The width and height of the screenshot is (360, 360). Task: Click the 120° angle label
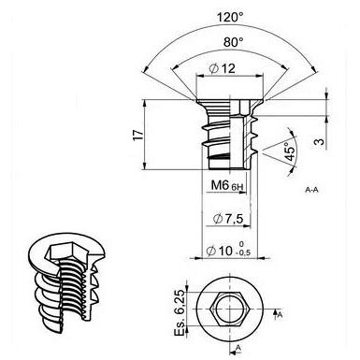[x=230, y=18]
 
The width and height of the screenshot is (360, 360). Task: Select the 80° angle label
[x=234, y=42]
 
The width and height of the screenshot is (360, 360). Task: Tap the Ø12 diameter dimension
[x=223, y=68]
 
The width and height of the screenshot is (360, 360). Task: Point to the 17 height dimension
[x=138, y=135]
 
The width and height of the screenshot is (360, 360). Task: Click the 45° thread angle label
[x=291, y=151]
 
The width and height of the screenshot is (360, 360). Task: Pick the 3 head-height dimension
[x=319, y=142]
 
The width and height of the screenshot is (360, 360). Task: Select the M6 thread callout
[x=221, y=185]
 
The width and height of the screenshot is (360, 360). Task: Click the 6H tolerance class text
[x=237, y=187]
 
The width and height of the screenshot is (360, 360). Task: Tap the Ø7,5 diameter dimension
[x=227, y=219]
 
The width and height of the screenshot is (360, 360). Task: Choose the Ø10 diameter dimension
[x=220, y=251]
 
